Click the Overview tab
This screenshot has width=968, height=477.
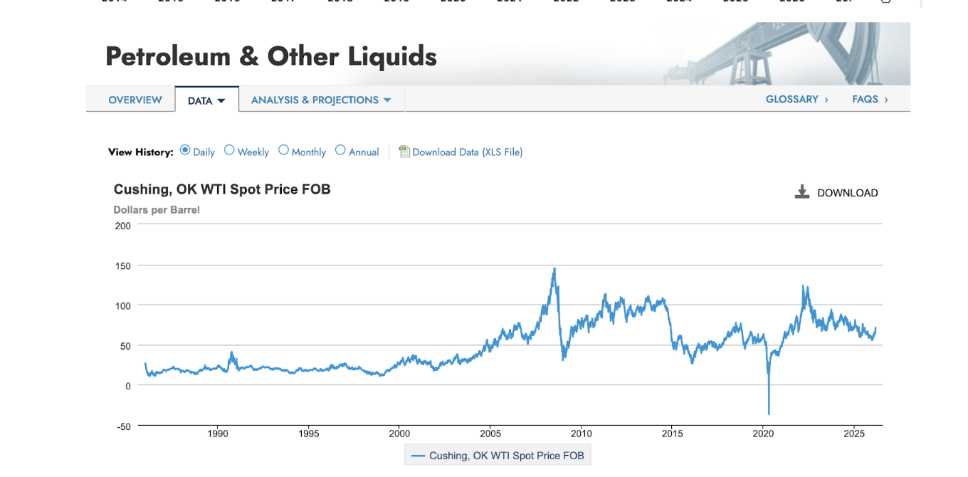135,100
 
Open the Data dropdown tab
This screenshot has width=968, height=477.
206,100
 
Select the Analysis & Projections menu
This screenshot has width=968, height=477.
321,100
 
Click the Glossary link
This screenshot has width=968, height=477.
796,100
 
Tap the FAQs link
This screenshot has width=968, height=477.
870,100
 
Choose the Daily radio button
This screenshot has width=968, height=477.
185,150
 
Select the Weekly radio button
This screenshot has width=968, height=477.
229,150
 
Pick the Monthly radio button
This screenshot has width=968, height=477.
283,150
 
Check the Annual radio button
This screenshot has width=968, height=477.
340,150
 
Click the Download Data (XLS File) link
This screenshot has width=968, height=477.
467,152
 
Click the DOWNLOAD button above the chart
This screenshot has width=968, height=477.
836,192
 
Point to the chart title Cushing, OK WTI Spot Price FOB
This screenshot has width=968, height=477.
222,189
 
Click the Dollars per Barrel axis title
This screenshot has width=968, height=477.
157,210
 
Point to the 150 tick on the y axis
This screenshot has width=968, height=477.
123,266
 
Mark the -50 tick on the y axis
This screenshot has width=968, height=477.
123,426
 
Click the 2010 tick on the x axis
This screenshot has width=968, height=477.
582,434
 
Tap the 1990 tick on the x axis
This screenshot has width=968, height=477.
218,434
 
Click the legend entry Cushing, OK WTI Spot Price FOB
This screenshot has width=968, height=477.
498,456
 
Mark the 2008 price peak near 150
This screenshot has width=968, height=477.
554,269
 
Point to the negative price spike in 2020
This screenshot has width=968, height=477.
769,413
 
